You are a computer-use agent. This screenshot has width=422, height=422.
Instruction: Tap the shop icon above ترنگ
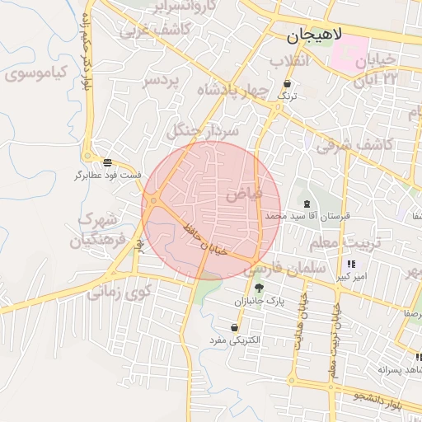pos(286,84)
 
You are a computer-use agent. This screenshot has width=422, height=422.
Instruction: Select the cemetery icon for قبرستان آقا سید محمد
pos(307,204)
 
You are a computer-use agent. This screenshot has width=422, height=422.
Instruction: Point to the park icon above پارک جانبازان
pos(259,288)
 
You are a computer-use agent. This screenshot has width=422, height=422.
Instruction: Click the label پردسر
pos(162,82)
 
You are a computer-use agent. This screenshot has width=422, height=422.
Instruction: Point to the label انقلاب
pos(289,62)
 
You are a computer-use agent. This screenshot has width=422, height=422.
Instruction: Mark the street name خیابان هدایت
pos(300,330)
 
